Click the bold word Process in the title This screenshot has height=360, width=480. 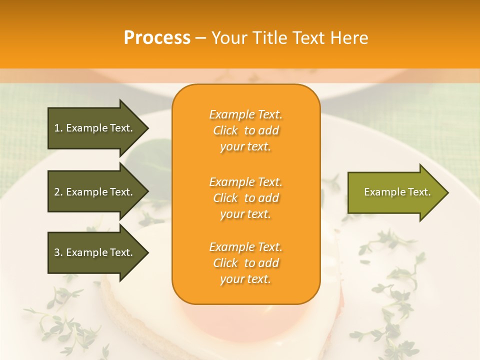[x=157, y=38]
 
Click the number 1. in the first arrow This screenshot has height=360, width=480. [x=58, y=128]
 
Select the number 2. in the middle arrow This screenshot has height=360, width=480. [x=58, y=192]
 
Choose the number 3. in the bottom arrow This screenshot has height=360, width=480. [x=58, y=252]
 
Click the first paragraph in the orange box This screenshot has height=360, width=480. [x=245, y=130]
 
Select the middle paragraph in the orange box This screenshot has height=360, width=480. [x=245, y=198]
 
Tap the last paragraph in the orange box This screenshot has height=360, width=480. [x=245, y=263]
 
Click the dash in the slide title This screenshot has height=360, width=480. [x=200, y=38]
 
